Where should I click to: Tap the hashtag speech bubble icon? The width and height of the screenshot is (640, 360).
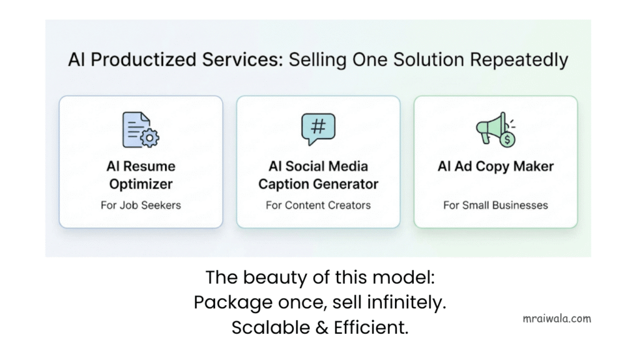click(x=317, y=128)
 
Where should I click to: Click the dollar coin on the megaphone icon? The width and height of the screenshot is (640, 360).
click(x=507, y=140)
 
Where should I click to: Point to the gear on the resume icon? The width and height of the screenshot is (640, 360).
click(x=150, y=138)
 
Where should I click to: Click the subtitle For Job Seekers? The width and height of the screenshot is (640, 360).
click(x=141, y=205)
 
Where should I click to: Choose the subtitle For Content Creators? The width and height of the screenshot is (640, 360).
click(x=318, y=205)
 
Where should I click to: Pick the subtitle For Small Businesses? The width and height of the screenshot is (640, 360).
click(x=496, y=205)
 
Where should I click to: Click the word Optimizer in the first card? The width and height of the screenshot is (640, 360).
click(x=141, y=184)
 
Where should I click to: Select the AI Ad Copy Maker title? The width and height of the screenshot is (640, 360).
click(x=496, y=167)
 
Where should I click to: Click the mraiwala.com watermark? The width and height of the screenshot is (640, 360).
click(x=556, y=318)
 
